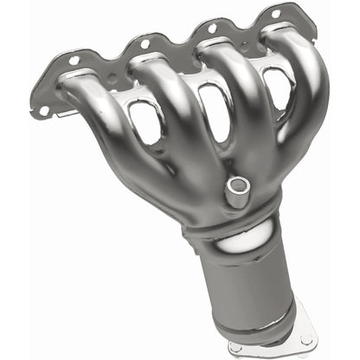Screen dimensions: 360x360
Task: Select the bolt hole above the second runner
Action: tap(144, 42)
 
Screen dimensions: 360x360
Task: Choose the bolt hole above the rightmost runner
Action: tap(275, 15)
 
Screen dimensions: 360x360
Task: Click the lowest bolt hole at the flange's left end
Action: tap(41, 110)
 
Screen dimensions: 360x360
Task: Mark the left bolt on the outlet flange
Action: tap(235, 348)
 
